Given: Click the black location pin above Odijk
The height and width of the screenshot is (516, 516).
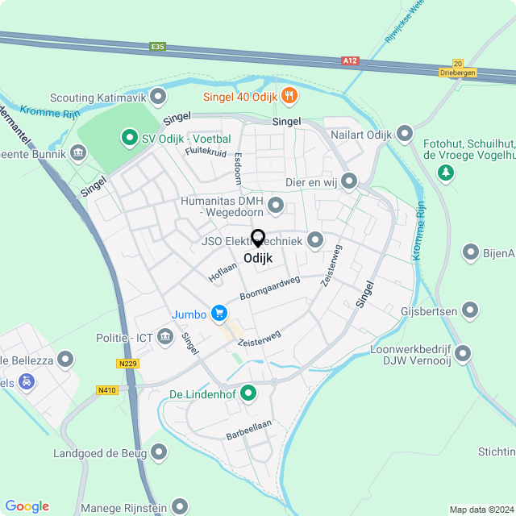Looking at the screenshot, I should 258,239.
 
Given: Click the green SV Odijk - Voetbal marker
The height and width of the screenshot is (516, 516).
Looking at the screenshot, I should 127,139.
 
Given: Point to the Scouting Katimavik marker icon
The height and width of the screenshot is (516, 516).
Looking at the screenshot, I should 159,98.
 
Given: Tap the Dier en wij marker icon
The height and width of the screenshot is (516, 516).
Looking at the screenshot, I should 348,181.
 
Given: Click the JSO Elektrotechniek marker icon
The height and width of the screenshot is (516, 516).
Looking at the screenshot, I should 315,240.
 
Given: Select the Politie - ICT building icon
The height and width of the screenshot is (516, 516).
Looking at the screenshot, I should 165,335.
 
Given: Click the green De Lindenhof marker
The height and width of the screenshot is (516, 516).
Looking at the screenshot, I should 248,393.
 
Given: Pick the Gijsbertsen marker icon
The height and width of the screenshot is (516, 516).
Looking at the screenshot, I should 470,310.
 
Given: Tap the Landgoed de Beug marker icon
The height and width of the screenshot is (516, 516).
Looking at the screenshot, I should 160,453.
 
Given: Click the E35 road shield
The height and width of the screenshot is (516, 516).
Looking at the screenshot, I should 157,47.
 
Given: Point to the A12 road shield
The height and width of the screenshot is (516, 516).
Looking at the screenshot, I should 348,60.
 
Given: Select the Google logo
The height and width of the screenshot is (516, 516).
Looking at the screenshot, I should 27,506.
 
